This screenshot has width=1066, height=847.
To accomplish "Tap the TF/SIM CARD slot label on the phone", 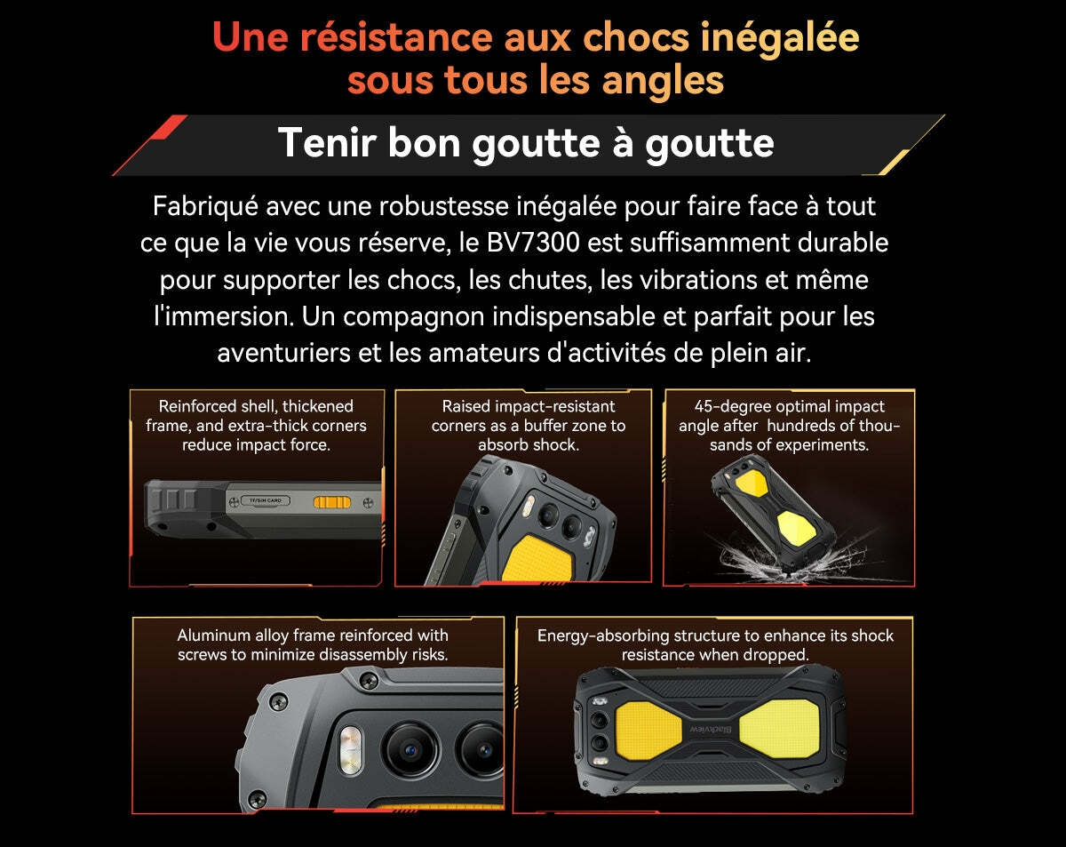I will pos(266,501).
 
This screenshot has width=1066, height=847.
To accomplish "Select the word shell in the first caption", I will pos(258,406).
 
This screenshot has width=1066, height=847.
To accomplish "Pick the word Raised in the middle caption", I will pos(465,406).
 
